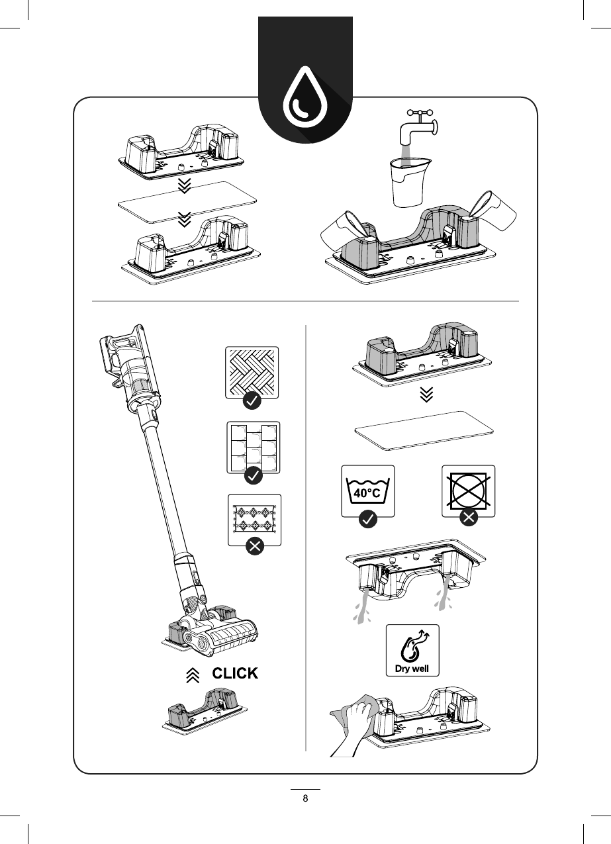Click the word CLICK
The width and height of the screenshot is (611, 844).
pos(234,674)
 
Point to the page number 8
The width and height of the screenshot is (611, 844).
pos(305,798)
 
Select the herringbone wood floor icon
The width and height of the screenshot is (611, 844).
pos(252,371)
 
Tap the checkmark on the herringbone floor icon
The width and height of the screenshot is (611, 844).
pos(252,400)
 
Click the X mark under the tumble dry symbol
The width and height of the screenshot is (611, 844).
pos(468,519)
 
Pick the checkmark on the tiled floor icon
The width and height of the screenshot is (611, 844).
pos(252,475)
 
